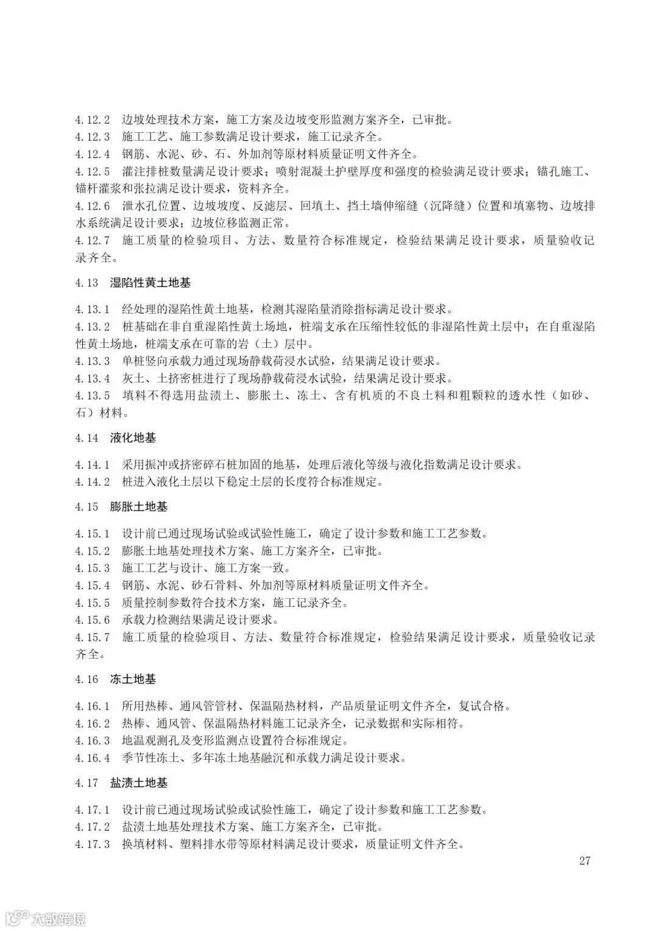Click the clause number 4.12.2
pyautogui.click(x=93, y=119)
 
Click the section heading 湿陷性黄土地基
pyautogui.click(x=150, y=283)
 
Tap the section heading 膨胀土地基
pyautogui.click(x=139, y=507)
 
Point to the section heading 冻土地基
pyautogui.click(x=133, y=679)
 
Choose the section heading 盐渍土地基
pyautogui.click(x=139, y=783)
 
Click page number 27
pyautogui.click(x=584, y=861)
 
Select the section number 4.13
pyautogui.click(x=87, y=283)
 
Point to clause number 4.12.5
pyautogui.click(x=93, y=171)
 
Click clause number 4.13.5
pyautogui.click(x=93, y=396)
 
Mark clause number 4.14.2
pyautogui.click(x=93, y=482)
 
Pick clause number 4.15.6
pyautogui.click(x=93, y=620)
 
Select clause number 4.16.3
pyautogui.click(x=93, y=741)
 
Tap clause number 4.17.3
pyautogui.click(x=93, y=844)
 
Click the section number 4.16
pyautogui.click(x=87, y=679)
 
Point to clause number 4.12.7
pyautogui.click(x=93, y=240)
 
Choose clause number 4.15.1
pyautogui.click(x=93, y=534)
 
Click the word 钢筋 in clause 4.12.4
pyautogui.click(x=134, y=154)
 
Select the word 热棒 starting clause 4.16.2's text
pyautogui.click(x=134, y=724)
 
